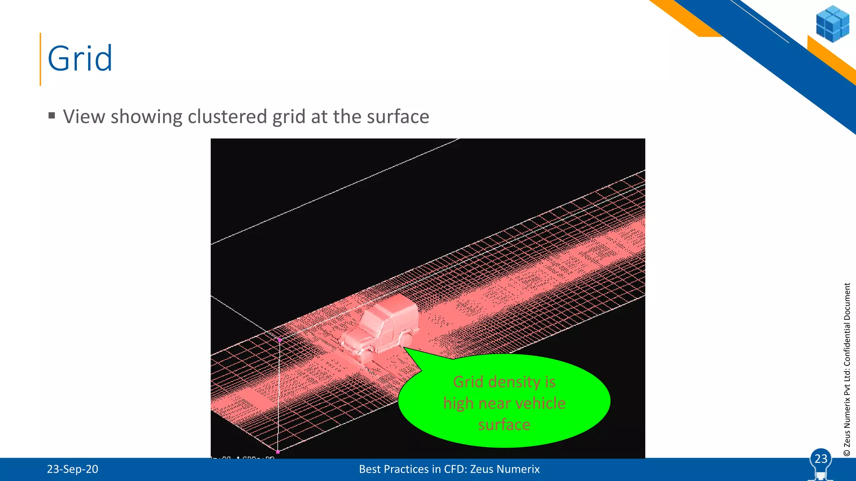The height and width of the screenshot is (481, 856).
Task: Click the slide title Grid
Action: [x=80, y=58]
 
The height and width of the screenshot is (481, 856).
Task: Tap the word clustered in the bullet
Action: [x=227, y=116]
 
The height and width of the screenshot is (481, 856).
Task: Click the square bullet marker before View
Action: [x=52, y=115]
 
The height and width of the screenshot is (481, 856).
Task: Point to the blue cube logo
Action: [x=832, y=24]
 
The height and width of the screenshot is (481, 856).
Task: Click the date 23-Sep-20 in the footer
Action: [x=72, y=469]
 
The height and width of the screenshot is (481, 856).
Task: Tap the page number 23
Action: [x=821, y=459]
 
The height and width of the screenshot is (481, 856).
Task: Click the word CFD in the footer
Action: [x=455, y=469]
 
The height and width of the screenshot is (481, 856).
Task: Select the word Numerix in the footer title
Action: [x=519, y=469]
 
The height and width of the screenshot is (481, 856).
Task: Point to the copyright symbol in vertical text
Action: [x=847, y=453]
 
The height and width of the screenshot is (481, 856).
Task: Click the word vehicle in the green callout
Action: [x=540, y=403]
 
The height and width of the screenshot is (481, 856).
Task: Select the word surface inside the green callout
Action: [x=504, y=425]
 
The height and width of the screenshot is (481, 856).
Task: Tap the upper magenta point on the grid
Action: [x=280, y=340]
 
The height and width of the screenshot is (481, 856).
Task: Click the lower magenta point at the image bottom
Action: [x=278, y=452]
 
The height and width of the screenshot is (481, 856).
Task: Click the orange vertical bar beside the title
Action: [x=41, y=59]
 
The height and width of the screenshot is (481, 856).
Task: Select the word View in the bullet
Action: [x=84, y=116]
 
